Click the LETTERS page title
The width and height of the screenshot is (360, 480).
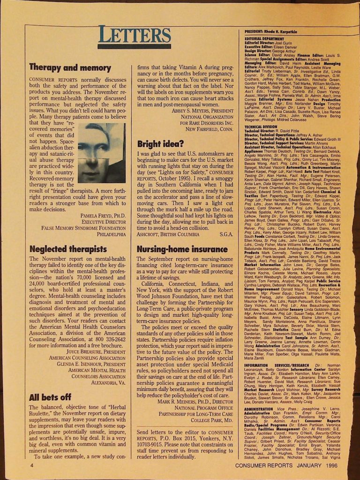135,34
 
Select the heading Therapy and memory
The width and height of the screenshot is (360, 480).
70,67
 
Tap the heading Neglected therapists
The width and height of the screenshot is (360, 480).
68,249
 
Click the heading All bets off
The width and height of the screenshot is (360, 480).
51,397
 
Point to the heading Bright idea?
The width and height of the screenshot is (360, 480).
157,144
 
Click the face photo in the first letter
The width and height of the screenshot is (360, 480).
101,153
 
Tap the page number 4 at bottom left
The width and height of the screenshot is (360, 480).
31,466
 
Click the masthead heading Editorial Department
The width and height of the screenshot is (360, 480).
265,38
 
